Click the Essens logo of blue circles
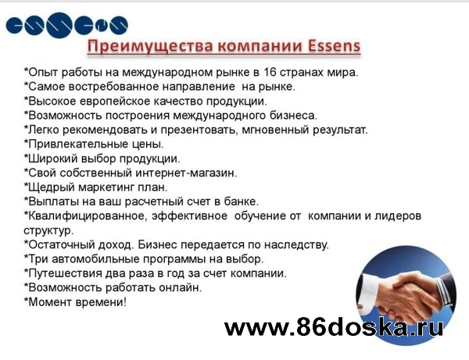66,25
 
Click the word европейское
115,102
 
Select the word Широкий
52,159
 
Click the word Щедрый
51,187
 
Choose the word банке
241,201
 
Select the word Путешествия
65,273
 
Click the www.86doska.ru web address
334,327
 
